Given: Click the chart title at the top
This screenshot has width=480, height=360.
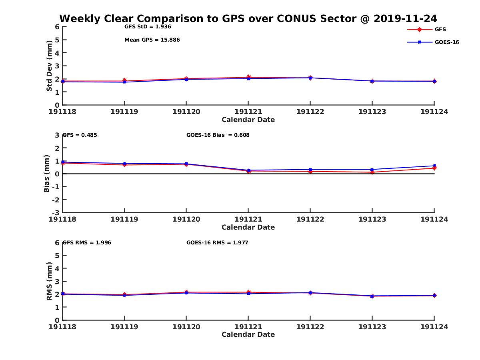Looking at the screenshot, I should pos(248,18).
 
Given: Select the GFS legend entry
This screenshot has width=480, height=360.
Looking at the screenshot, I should pos(440,29).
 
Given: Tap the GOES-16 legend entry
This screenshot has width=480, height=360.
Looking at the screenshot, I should pos(446,42).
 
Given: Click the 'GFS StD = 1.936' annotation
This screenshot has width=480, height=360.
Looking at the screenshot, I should pos(148,27).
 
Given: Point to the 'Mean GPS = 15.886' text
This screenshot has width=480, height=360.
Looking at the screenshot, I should pos(152,40).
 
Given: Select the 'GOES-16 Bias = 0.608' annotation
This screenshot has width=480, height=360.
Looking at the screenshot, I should pos(218,135).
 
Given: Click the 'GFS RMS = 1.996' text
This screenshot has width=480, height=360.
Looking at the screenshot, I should pos(87,242).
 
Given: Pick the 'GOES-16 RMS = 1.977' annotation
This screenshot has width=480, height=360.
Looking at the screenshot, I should pos(217,242).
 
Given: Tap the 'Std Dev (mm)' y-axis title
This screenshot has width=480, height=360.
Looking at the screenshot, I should pos(49,66).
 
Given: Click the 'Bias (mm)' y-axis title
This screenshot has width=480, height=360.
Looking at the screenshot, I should pos(47,174).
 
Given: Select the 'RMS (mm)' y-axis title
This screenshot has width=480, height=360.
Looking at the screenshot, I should pos(49,281).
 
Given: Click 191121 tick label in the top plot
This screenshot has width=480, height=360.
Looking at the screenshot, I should pos(248,112).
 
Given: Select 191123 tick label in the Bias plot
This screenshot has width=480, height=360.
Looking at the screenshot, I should pos(372,219).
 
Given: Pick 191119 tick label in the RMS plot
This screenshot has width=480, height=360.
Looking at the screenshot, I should pos(124,327).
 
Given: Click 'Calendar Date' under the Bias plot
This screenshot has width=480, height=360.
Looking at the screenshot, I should pos(248,227).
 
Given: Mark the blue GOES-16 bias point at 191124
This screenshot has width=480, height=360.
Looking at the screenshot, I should pos(434,166).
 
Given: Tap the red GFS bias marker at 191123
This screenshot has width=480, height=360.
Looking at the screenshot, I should pos(372,172).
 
